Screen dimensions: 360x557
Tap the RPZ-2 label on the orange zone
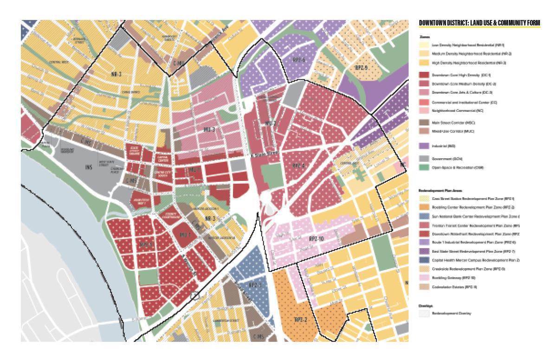click(x=301, y=320)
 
